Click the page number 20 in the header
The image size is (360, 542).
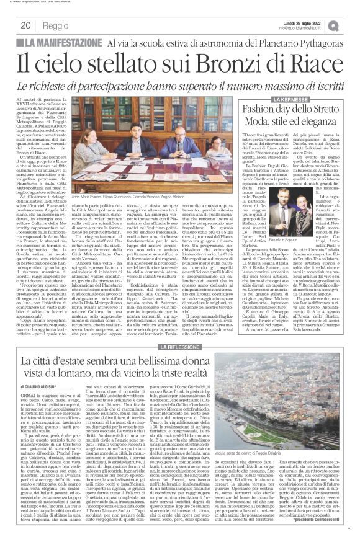point(26,25)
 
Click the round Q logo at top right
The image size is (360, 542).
point(351,24)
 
